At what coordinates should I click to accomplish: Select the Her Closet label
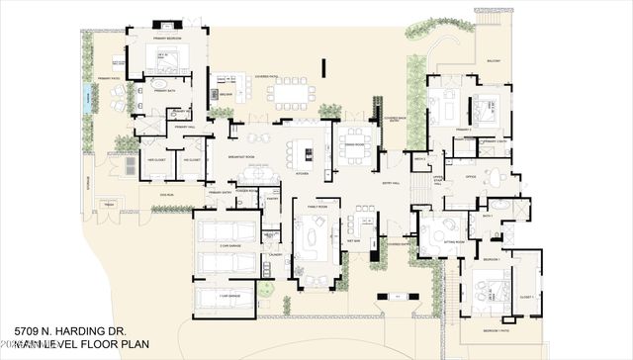pos(155,159)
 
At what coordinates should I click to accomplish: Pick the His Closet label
pos(188,159)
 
